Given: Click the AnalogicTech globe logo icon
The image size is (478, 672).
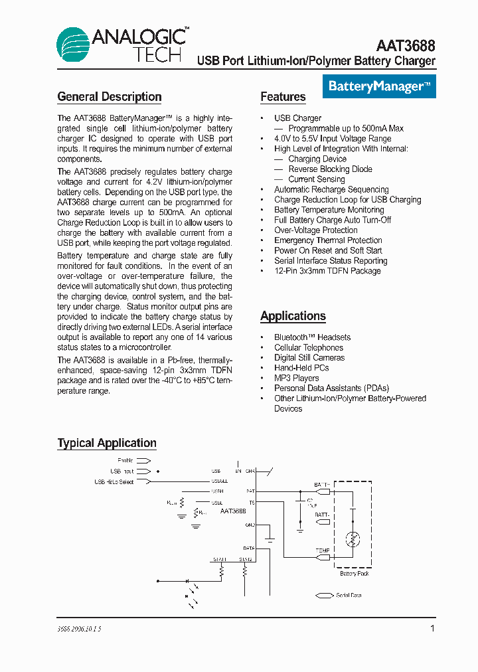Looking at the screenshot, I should pos(73,44).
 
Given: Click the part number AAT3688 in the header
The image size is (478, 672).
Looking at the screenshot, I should pos(406,45).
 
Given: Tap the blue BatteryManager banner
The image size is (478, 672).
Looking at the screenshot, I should pos(380,86).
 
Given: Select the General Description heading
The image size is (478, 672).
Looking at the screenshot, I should pos(110,97).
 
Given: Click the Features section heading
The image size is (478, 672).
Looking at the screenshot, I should pos(283,97).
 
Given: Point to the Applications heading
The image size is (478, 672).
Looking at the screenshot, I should pos(293,316).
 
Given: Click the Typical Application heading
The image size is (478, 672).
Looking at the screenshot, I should pos(107,443).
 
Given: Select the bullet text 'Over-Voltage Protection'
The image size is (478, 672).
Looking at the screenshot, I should pos(315,230).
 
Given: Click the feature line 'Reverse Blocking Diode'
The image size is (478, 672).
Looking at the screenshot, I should pos(330,169).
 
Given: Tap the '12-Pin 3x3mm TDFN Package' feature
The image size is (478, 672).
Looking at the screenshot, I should pos(327,271).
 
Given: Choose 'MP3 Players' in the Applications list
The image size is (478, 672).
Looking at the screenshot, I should pos(296,378).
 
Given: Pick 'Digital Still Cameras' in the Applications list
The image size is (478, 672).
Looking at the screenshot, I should pos(309,358).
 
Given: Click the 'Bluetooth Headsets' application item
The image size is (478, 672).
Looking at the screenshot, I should pos(312,337).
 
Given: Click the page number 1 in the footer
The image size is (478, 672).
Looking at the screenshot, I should pos(432,628).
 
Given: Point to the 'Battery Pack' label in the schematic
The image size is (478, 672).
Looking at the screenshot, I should pos(354,573).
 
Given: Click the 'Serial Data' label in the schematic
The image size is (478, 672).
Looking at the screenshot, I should pos(349,596).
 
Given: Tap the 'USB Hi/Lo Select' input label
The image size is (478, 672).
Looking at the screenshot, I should pos(114,481).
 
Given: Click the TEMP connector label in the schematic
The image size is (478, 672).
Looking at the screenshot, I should pos(323,550).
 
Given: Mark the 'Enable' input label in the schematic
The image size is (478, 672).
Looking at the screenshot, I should pos(125,460).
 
